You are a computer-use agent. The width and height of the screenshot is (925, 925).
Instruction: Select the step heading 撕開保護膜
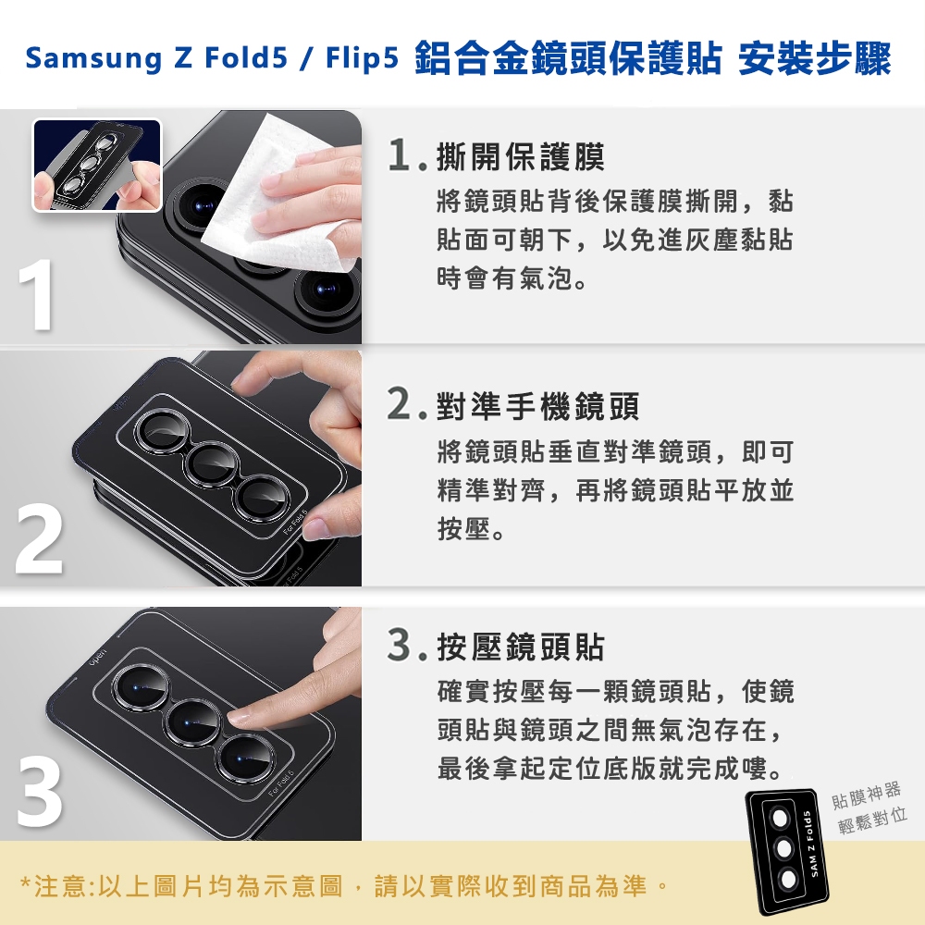click(x=520, y=157)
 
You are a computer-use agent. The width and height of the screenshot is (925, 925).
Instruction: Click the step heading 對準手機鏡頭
click(x=537, y=406)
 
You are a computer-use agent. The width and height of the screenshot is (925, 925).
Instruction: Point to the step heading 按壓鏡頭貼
click(x=520, y=647)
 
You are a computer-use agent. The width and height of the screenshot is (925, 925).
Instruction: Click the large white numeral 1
click(x=37, y=296)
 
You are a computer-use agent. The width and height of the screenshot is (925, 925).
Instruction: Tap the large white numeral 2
click(x=39, y=540)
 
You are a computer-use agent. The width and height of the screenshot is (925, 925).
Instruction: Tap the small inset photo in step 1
click(x=97, y=166)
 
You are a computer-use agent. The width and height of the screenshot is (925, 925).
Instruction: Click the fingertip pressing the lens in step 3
click(x=240, y=718)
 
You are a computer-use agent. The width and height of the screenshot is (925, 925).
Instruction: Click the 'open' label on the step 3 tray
click(x=98, y=658)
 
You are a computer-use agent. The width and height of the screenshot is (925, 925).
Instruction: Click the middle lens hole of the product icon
click(x=783, y=848)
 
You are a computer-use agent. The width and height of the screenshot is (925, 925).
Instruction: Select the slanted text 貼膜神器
click(x=866, y=795)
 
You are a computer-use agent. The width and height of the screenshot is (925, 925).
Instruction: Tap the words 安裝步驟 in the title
click(x=814, y=59)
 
